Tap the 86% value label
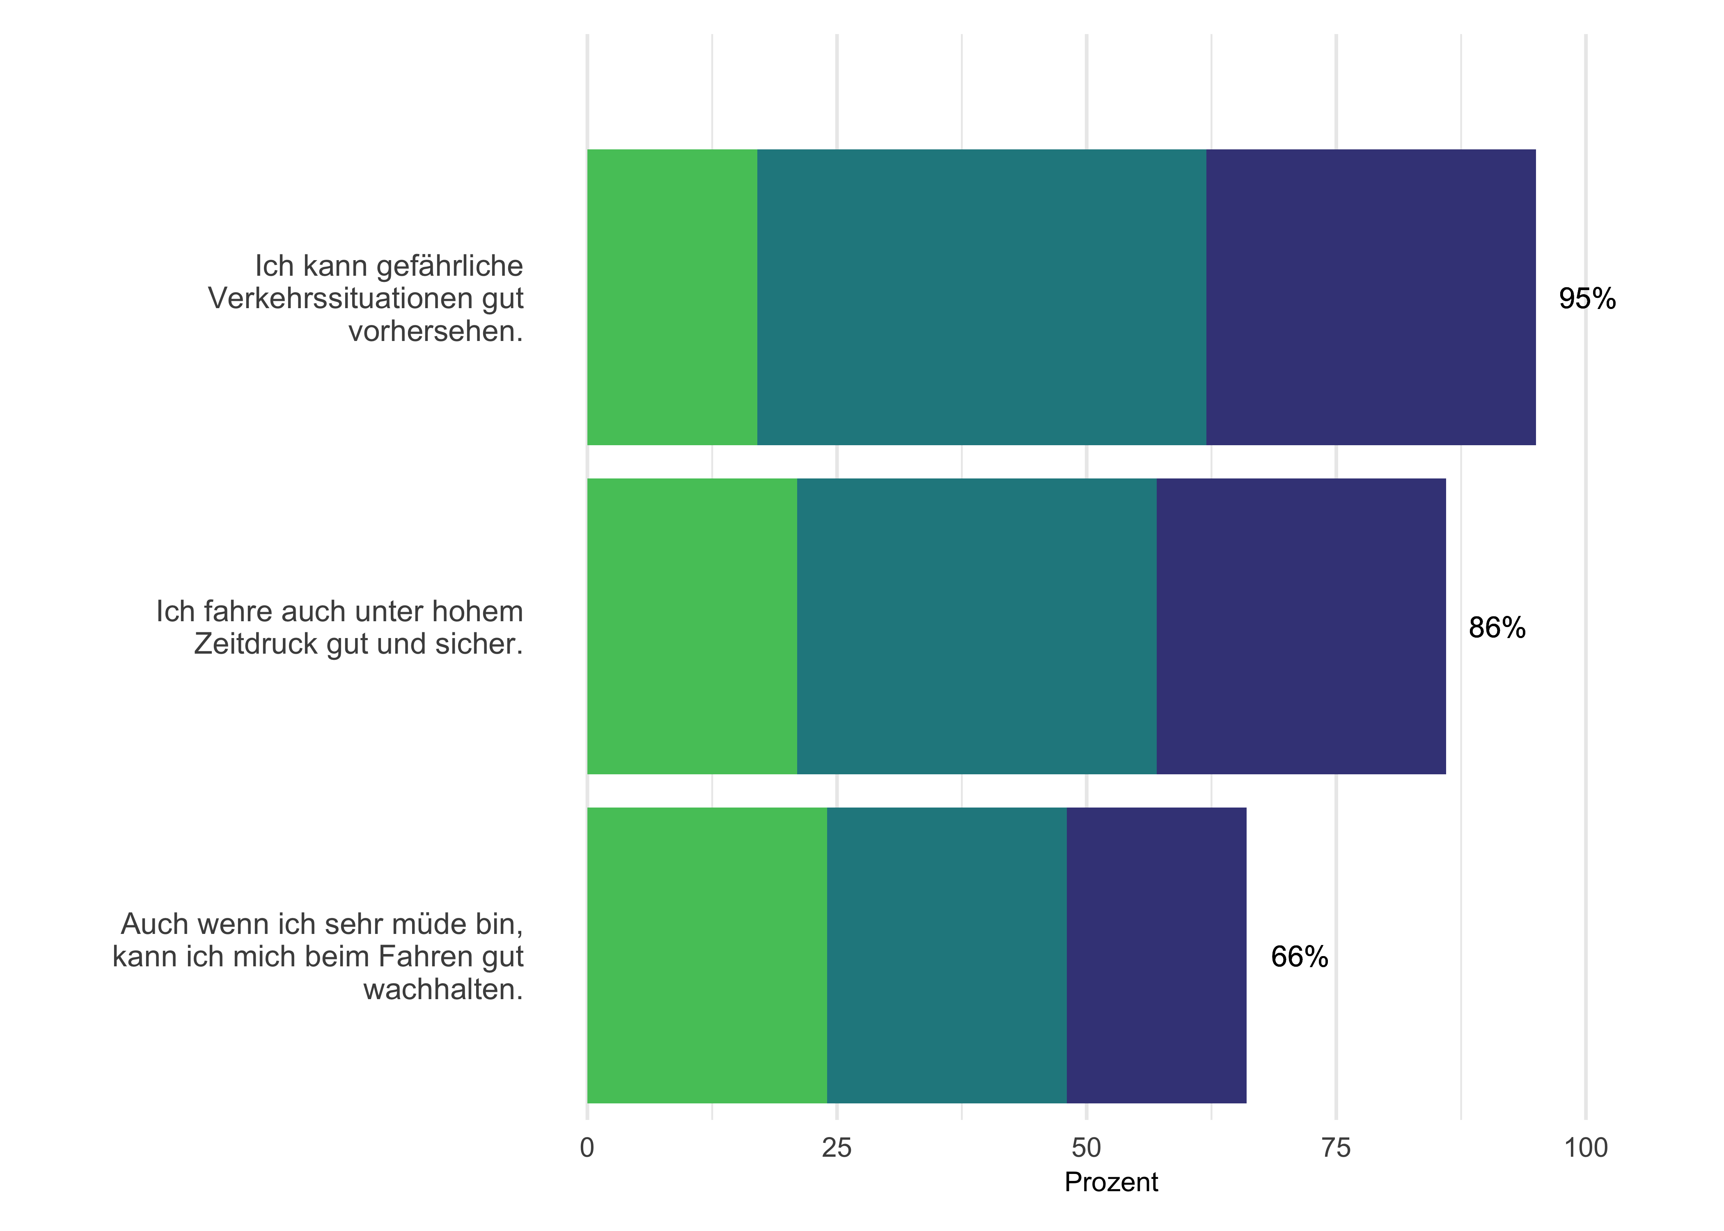pyautogui.click(x=1497, y=628)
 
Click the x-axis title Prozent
pyautogui.click(x=1111, y=1183)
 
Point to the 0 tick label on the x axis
pyautogui.click(x=587, y=1149)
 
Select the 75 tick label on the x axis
pyautogui.click(x=1336, y=1149)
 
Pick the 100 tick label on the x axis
pyautogui.click(x=1585, y=1149)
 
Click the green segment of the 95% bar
pyautogui.click(x=672, y=297)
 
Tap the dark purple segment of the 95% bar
pyautogui.click(x=1371, y=297)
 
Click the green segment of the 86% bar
pyautogui.click(x=691, y=626)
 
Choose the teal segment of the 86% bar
pyautogui.click(x=977, y=626)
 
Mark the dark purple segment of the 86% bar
pyautogui.click(x=1301, y=626)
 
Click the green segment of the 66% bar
pyautogui.click(x=706, y=955)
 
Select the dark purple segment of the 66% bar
pyautogui.click(x=1156, y=955)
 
